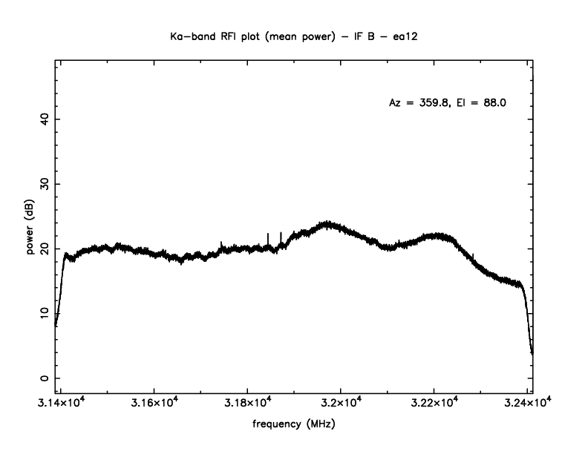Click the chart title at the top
(x=294, y=36)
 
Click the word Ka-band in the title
(x=186, y=36)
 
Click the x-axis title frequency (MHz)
(x=294, y=427)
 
